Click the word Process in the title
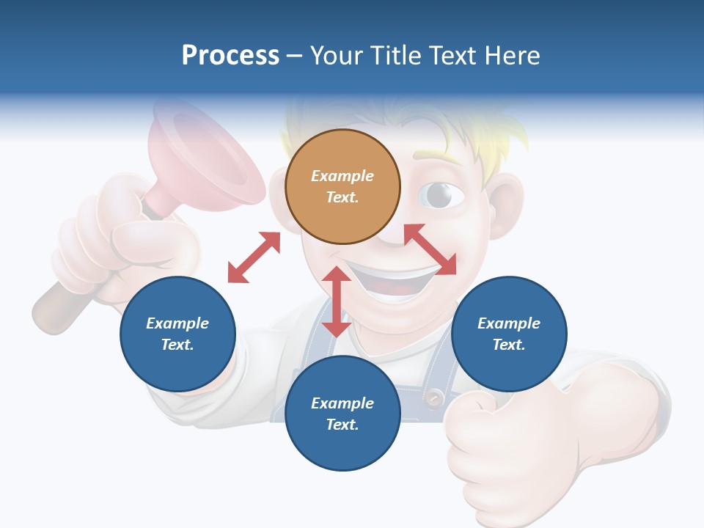(x=230, y=56)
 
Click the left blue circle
(x=177, y=334)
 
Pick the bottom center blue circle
(x=342, y=414)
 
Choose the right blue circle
(x=509, y=334)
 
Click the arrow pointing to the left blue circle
(x=254, y=257)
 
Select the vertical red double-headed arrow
(x=337, y=301)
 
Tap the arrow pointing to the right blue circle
(x=430, y=249)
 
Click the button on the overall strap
(x=435, y=398)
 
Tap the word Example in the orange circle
(x=342, y=176)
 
